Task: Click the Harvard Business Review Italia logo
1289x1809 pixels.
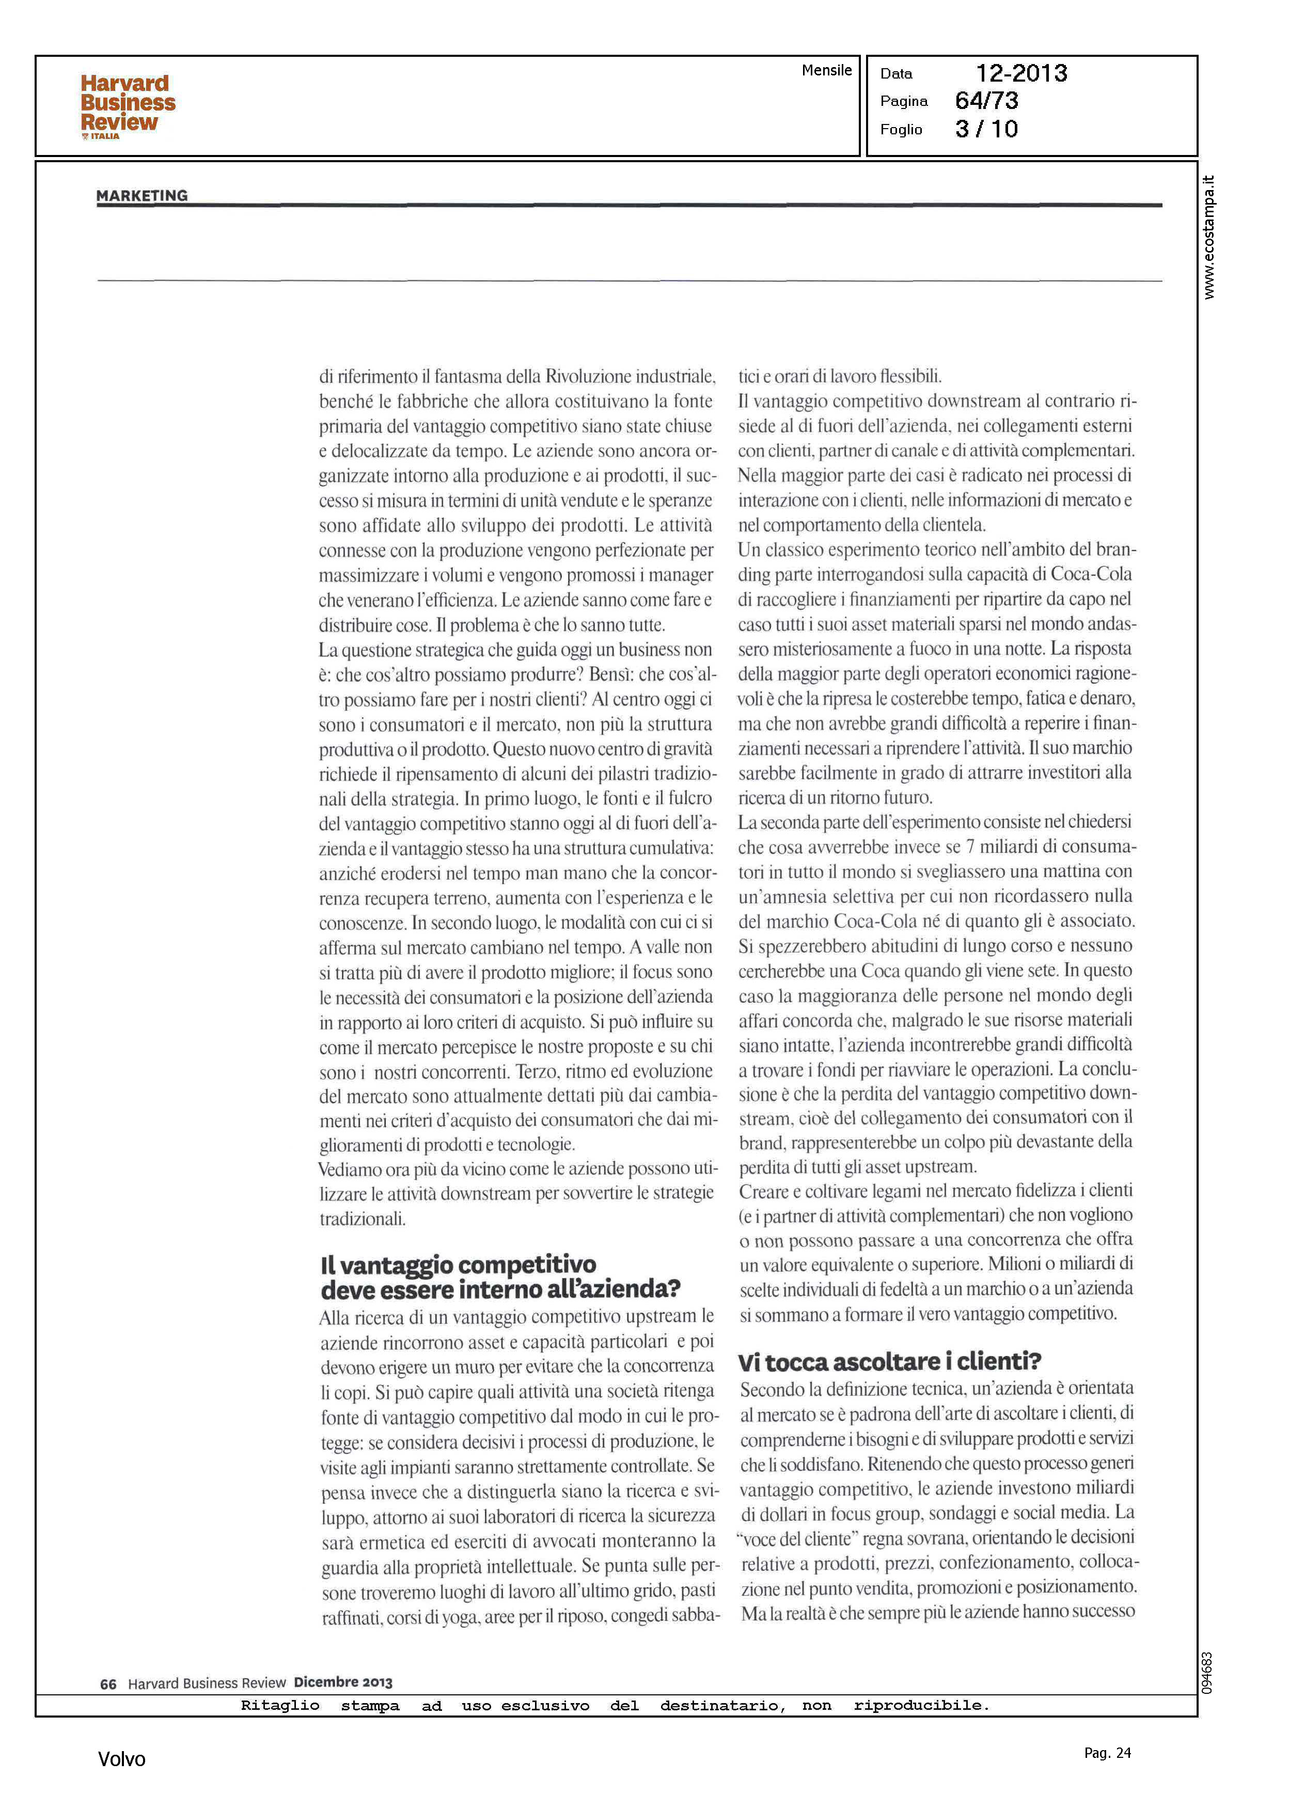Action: pos(127,105)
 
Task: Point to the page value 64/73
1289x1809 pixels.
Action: pos(986,101)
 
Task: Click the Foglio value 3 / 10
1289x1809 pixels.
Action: pos(986,129)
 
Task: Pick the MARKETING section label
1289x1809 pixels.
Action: pos(142,195)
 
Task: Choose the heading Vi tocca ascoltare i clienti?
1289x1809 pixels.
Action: pos(889,1361)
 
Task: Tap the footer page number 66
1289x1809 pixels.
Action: pos(108,1683)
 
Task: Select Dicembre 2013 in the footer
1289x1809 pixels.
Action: pos(343,1682)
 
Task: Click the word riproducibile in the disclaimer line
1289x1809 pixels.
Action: pos(921,1705)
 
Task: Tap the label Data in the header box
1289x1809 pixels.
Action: pos(896,74)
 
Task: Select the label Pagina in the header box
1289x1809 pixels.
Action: pos(903,101)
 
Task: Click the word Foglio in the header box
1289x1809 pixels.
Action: pos(901,129)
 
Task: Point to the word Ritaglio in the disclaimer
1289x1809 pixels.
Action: pos(280,1705)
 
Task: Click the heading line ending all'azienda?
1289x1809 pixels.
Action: pos(500,1288)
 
